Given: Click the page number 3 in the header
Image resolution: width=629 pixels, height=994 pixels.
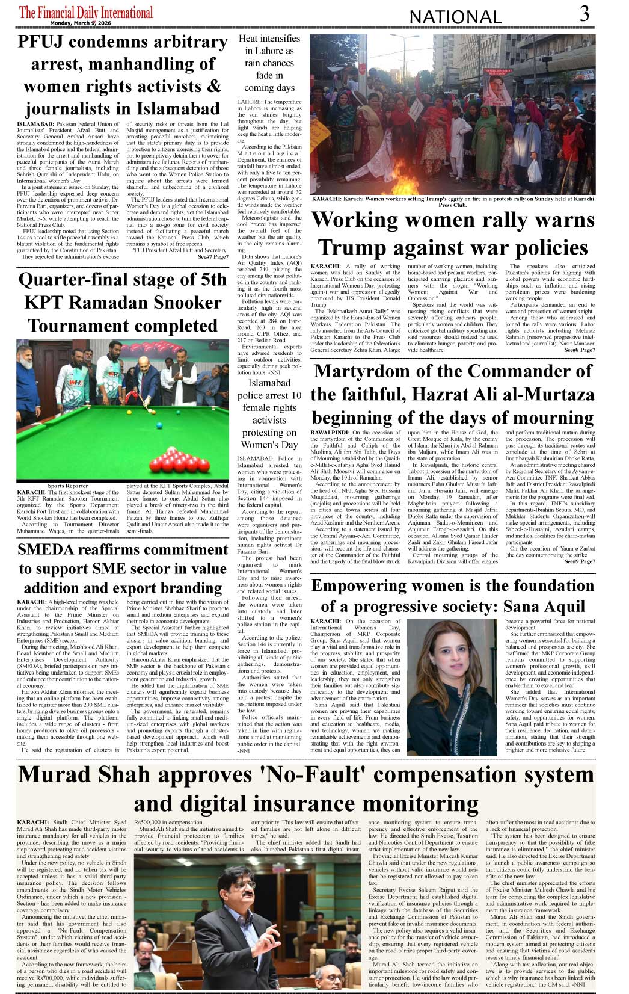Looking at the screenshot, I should pos(584,14).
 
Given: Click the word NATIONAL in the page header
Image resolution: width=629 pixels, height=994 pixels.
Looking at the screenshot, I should pos(455,17).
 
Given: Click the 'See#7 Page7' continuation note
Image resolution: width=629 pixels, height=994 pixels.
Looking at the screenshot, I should pos(213,257).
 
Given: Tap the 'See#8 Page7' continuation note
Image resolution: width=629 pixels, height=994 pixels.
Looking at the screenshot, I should pos(579,350).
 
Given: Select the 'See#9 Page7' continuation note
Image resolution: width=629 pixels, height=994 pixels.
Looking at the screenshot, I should pos(579,561).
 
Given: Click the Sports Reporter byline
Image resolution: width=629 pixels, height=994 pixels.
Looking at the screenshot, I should pos(68,486).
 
